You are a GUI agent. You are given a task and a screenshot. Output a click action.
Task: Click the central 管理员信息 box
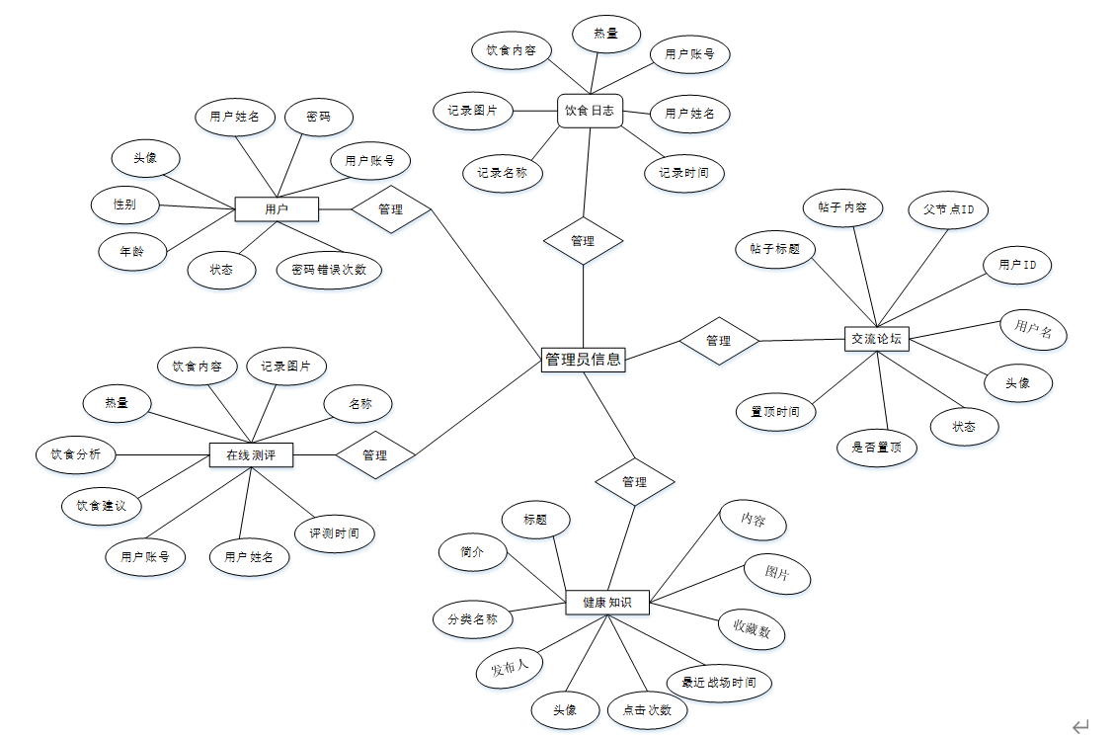pyautogui.click(x=584, y=360)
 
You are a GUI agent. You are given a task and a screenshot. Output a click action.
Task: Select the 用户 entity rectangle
pyautogui.click(x=277, y=209)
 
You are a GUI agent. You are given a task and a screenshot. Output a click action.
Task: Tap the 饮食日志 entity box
pyautogui.click(x=590, y=111)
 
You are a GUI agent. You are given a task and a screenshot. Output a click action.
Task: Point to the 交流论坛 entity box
pyautogui.click(x=877, y=339)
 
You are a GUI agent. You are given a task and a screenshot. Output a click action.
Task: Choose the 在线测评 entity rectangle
pyautogui.click(x=252, y=455)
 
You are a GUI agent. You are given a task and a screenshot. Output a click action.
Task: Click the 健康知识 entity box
pyautogui.click(x=607, y=602)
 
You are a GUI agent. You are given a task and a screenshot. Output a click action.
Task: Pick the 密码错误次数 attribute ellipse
pyautogui.click(x=330, y=270)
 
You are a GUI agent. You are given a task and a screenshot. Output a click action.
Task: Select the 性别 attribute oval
pyautogui.click(x=124, y=205)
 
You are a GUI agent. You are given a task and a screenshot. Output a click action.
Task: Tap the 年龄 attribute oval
pyautogui.click(x=134, y=252)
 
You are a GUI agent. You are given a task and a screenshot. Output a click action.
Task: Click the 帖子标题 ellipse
pyautogui.click(x=775, y=249)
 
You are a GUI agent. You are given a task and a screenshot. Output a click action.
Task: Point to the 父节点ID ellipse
pyautogui.click(x=948, y=209)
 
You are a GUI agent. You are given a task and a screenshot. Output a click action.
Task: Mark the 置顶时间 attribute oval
pyautogui.click(x=775, y=411)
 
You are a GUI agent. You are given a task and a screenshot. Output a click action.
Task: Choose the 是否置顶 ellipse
pyautogui.click(x=876, y=448)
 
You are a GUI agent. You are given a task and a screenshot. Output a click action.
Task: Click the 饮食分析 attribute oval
pyautogui.click(x=75, y=454)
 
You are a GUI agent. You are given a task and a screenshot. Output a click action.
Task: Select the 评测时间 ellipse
pyautogui.click(x=335, y=533)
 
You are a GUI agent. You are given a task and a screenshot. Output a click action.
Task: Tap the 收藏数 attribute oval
pyautogui.click(x=752, y=628)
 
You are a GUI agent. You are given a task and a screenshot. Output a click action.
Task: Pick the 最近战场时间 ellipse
pyautogui.click(x=719, y=683)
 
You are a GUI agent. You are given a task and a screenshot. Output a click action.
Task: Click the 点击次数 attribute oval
pyautogui.click(x=647, y=709)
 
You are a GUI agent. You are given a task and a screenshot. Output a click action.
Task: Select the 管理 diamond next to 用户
pyautogui.click(x=391, y=209)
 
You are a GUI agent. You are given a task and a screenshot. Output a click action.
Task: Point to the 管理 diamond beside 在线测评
pyautogui.click(x=375, y=455)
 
